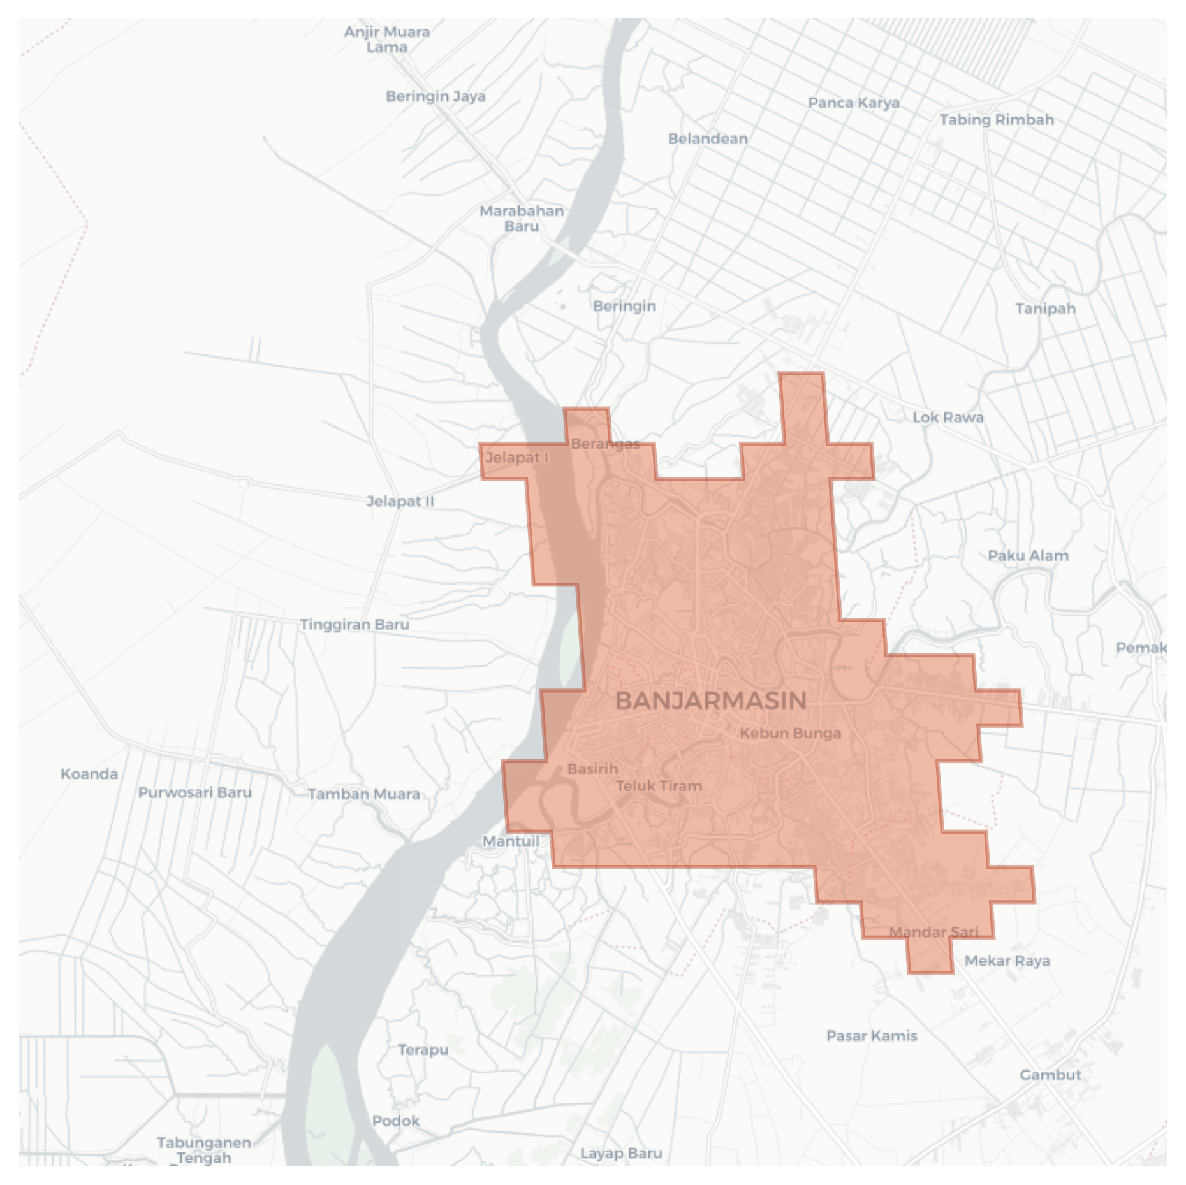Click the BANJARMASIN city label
tap(711, 701)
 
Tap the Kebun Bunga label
tap(790, 734)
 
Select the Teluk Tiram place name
tap(659, 786)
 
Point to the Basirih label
tap(592, 769)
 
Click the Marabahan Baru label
tap(522, 219)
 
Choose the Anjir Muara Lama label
tap(387, 40)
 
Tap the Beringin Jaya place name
tap(436, 96)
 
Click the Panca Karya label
tap(854, 103)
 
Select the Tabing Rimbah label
tap(996, 120)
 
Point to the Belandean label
tap(708, 139)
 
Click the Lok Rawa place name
tap(948, 418)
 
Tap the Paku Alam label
tap(1028, 556)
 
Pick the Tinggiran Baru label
tap(355, 625)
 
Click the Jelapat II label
tap(400, 502)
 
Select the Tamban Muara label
tap(364, 794)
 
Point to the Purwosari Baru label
tap(194, 792)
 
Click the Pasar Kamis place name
tap(872, 1036)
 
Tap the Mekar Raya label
tap(1007, 961)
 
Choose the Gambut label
tap(1050, 1075)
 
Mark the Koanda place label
tap(89, 774)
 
